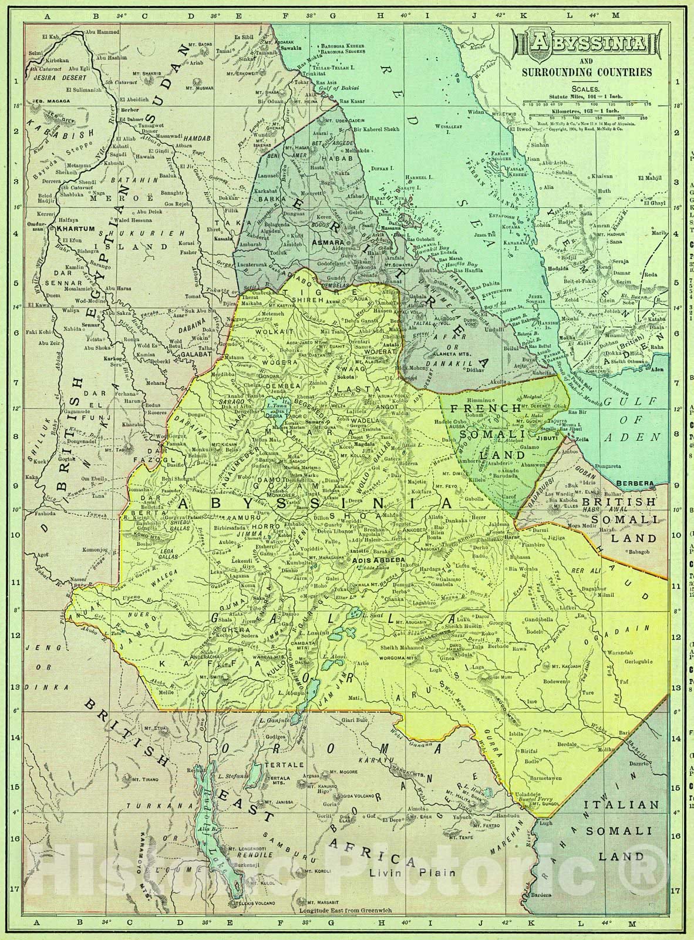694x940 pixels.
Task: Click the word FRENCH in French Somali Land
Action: click(x=482, y=408)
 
